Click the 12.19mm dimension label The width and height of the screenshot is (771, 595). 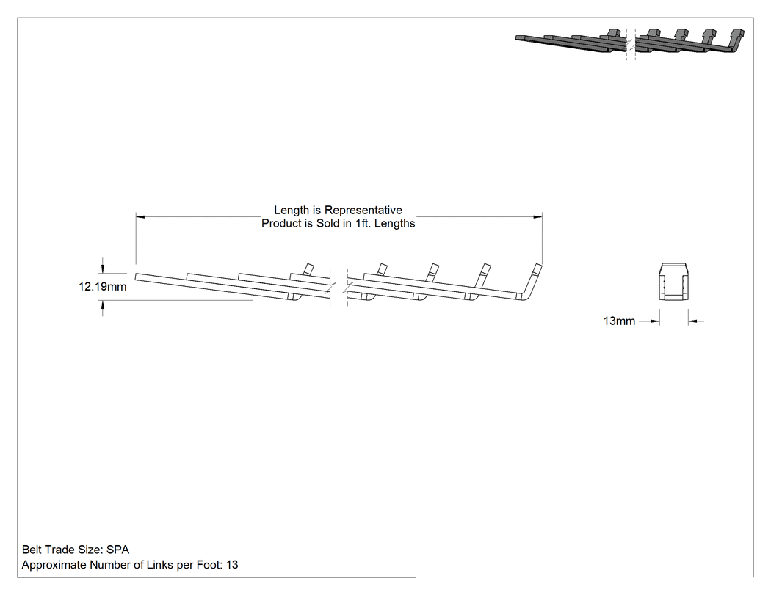tap(102, 286)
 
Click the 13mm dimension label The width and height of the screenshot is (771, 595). tap(619, 321)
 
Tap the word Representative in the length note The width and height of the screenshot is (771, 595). tap(363, 211)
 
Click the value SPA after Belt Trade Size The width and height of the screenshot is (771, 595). tap(117, 550)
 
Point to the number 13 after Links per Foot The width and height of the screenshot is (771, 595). tap(232, 565)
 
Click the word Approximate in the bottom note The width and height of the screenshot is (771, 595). tap(54, 565)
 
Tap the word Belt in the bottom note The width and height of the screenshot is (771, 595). tap(31, 550)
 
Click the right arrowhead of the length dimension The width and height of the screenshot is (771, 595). tap(537, 216)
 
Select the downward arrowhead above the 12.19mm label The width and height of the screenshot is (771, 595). tap(103, 269)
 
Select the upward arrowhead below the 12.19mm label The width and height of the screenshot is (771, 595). tap(103, 305)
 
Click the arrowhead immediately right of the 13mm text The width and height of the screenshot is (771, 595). tap(655, 321)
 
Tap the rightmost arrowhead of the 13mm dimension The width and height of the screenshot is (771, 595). tap(693, 321)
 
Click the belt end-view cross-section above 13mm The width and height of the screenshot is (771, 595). tap(673, 282)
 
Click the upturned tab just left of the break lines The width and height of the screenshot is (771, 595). tap(308, 269)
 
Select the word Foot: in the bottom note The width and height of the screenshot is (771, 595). tap(211, 565)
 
